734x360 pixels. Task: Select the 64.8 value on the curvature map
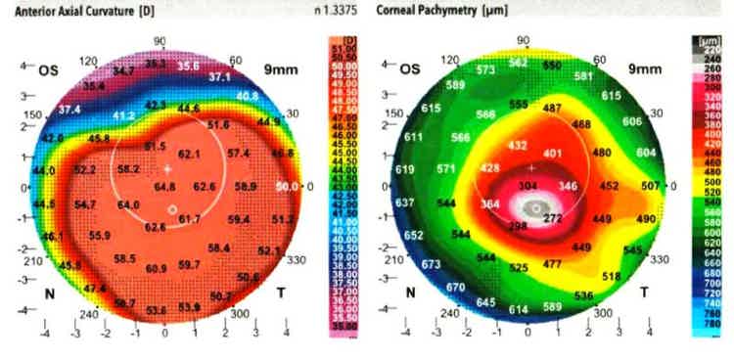(x=164, y=186)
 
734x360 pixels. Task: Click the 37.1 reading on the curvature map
(x=220, y=76)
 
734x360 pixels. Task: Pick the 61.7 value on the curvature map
(x=189, y=219)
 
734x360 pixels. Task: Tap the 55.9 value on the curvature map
(x=100, y=236)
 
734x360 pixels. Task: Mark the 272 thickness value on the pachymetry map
(x=554, y=219)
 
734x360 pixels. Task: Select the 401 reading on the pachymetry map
(x=553, y=154)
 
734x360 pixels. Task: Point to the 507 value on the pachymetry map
(x=651, y=186)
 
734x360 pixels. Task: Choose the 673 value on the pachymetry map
(x=431, y=265)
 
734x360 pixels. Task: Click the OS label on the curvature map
(x=48, y=70)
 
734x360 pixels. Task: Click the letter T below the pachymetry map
(x=645, y=292)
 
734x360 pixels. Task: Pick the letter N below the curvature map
(x=47, y=292)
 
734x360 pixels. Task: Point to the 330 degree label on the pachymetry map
(x=660, y=259)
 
